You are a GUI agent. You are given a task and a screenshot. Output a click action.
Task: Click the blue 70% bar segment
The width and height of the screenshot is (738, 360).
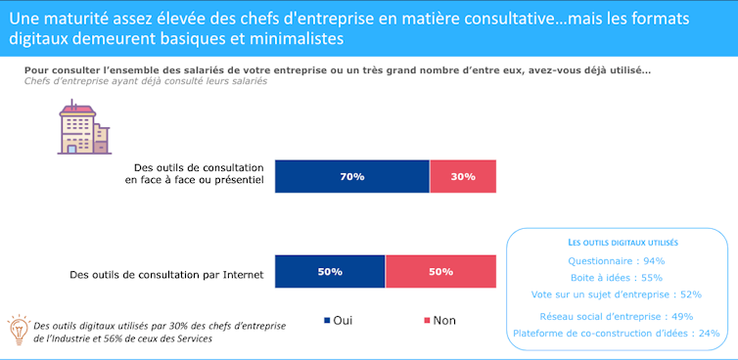[351, 176]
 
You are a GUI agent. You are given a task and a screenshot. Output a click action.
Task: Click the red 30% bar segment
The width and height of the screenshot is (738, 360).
[463, 176]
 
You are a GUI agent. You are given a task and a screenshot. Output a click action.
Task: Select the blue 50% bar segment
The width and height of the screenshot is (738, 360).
[330, 272]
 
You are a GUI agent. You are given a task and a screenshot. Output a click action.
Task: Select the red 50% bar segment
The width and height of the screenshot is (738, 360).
[440, 272]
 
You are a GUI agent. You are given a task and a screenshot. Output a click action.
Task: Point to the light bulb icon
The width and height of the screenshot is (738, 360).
[18, 328]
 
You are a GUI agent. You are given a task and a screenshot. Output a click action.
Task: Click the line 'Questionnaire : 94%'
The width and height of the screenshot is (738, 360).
[617, 261]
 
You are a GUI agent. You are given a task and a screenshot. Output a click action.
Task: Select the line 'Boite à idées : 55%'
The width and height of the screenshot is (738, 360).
[617, 278]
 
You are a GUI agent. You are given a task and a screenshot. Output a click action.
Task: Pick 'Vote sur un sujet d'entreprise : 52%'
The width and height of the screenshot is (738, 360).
[617, 294]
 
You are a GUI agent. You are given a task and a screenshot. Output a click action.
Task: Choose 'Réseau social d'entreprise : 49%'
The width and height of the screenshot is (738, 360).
[617, 316]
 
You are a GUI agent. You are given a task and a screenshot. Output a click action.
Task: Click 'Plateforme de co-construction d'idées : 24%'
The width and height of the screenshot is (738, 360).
[617, 333]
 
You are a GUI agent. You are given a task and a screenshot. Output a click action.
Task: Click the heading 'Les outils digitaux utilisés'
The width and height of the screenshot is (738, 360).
[617, 242]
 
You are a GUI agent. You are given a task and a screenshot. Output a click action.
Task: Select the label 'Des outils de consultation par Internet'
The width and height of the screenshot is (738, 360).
[167, 275]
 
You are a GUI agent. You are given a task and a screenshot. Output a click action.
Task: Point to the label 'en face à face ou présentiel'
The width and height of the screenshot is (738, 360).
[194, 182]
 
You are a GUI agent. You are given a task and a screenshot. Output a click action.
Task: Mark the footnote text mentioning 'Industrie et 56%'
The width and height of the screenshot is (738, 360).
[127, 337]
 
